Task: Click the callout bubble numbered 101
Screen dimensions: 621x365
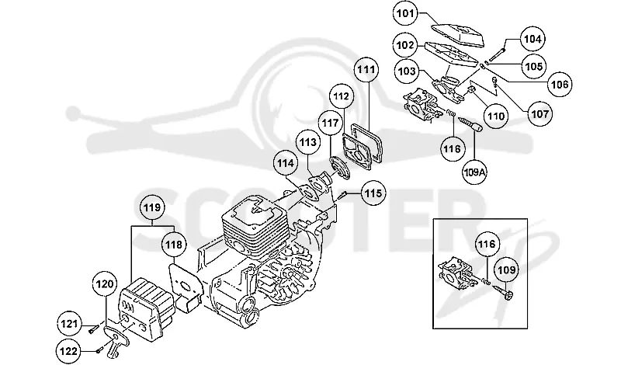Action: point(404,13)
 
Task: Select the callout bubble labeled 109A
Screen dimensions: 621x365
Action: point(474,172)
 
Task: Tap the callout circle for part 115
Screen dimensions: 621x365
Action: point(373,193)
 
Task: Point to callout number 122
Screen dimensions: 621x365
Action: point(68,351)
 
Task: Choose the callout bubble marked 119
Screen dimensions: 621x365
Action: point(152,207)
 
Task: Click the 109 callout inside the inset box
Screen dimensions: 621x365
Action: point(507,270)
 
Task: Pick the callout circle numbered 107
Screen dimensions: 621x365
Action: point(539,113)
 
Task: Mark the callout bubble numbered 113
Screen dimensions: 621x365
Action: point(308,142)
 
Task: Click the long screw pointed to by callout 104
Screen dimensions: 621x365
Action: point(497,54)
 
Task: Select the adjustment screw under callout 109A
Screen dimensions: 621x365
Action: point(470,123)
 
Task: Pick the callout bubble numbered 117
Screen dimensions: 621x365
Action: point(331,123)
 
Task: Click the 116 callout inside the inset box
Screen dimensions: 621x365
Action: point(487,244)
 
